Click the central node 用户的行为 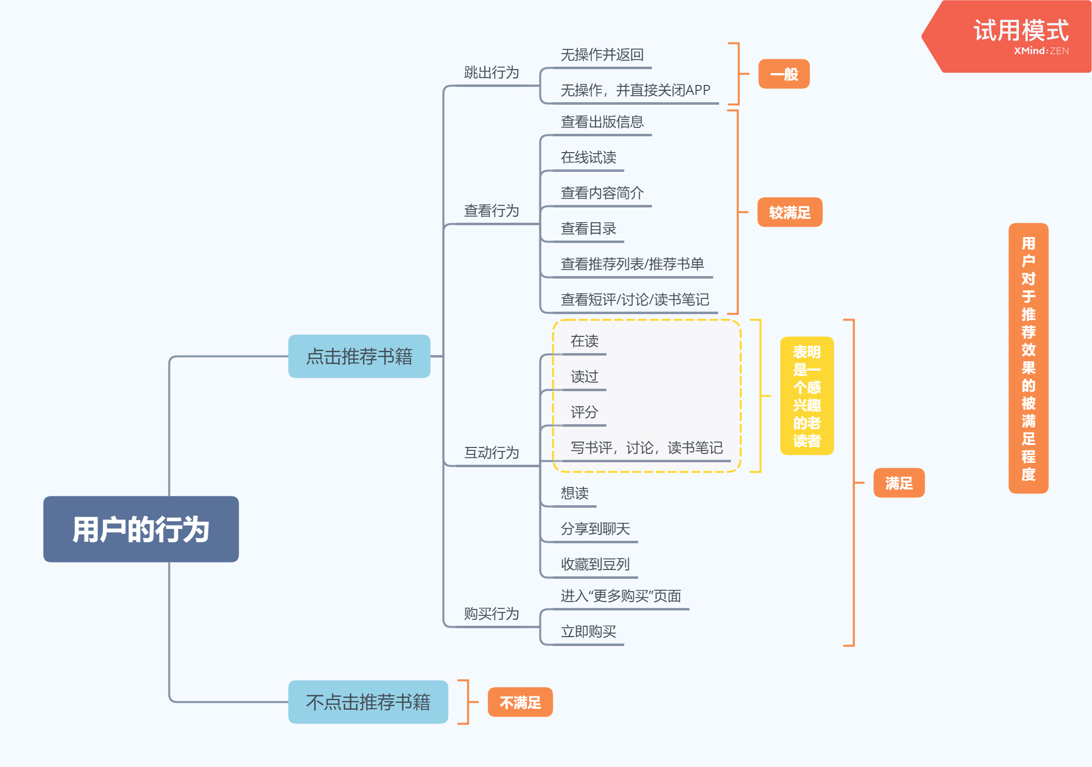(x=141, y=529)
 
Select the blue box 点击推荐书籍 (x=359, y=356)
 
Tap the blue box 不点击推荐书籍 (x=368, y=702)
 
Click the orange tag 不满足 (x=520, y=702)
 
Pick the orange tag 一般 (x=784, y=74)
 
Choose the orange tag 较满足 (x=790, y=212)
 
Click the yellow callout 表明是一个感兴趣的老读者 (x=807, y=396)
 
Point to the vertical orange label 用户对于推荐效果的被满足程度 (x=1028, y=358)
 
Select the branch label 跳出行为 (x=491, y=73)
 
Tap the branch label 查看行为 (x=491, y=211)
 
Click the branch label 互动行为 (x=491, y=452)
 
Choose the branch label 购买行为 (x=491, y=613)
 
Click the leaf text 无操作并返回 (x=602, y=55)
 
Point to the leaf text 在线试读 (x=588, y=158)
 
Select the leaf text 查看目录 (x=588, y=229)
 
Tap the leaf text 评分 (x=584, y=412)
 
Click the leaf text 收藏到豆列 (x=595, y=564)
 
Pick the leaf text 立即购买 (x=588, y=631)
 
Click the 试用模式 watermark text (x=1020, y=31)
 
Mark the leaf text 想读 (x=574, y=493)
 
